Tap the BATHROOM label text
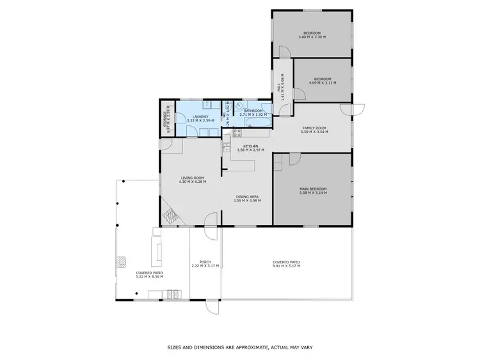pos(251,111)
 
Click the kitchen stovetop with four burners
pos(236,132)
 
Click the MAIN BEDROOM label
pos(313,189)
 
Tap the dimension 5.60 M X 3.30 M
pos(312,37)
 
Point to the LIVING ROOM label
pos(191,178)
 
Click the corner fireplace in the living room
pos(170,216)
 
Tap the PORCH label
pos(205,262)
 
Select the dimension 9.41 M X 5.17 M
pos(286,265)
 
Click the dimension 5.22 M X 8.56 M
pos(149,276)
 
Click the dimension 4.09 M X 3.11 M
pos(322,82)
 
